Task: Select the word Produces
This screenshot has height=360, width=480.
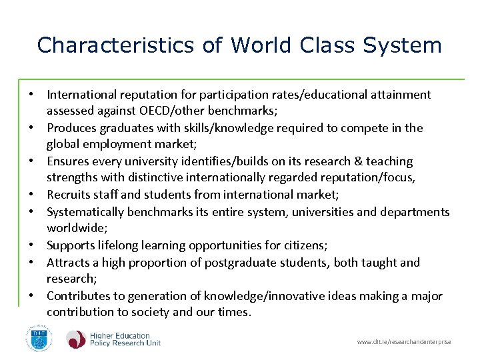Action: point(72,128)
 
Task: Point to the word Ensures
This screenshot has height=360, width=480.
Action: point(69,161)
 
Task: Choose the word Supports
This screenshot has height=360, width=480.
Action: point(71,245)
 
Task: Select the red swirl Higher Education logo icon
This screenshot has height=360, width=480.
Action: point(76,339)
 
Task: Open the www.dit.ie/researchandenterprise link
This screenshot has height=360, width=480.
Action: point(404,342)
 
